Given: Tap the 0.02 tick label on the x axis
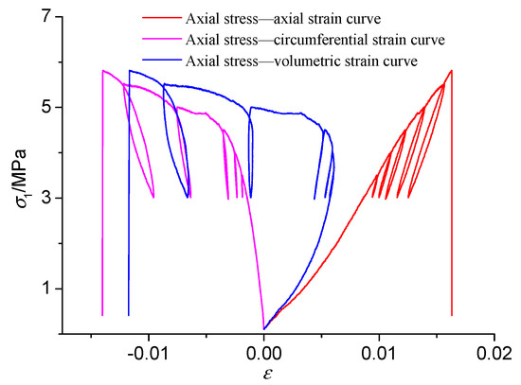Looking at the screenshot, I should click(x=494, y=352).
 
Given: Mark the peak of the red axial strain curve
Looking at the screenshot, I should click(x=451, y=70).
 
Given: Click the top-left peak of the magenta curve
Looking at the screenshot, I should click(x=102, y=70).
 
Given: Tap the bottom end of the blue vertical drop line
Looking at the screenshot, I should click(x=129, y=314).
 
